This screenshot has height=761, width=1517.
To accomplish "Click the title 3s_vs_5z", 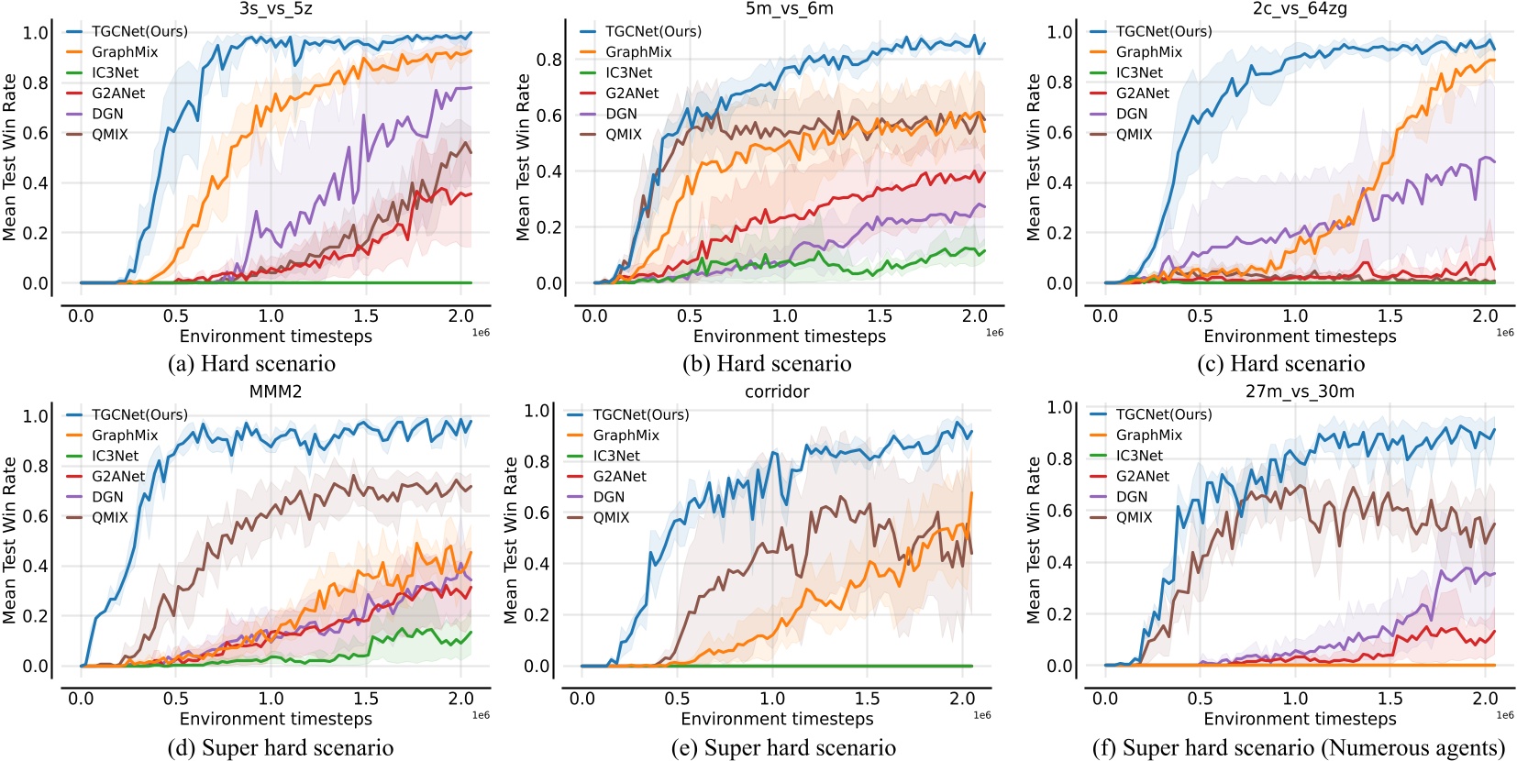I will click(276, 9).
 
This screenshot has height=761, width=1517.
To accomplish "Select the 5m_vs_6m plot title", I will click(790, 9).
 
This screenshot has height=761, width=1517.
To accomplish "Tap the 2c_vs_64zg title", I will click(1300, 9).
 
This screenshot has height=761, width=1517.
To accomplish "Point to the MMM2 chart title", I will click(276, 392).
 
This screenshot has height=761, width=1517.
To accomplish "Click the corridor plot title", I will click(777, 392).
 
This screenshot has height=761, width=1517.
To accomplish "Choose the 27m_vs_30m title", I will click(1300, 392).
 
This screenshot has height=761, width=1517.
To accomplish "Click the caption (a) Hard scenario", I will click(251, 364).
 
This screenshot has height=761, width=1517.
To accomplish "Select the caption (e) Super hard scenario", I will click(783, 748).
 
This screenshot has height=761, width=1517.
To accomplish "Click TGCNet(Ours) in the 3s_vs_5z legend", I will click(139, 31).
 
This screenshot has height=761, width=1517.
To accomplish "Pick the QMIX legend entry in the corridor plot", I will click(611, 517).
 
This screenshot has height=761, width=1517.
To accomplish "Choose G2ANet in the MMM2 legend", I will click(118, 476).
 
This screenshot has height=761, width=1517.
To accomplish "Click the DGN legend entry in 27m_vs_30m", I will click(1132, 496).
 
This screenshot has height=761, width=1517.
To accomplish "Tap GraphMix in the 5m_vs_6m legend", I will click(638, 52).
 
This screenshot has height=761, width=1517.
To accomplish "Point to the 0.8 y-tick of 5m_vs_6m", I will click(549, 60).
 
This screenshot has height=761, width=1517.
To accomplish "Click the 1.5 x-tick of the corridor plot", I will click(867, 699).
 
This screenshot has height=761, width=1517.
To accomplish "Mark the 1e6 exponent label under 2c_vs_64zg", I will click(1505, 333).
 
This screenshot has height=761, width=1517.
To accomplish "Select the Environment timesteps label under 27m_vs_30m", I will click(1300, 719).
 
